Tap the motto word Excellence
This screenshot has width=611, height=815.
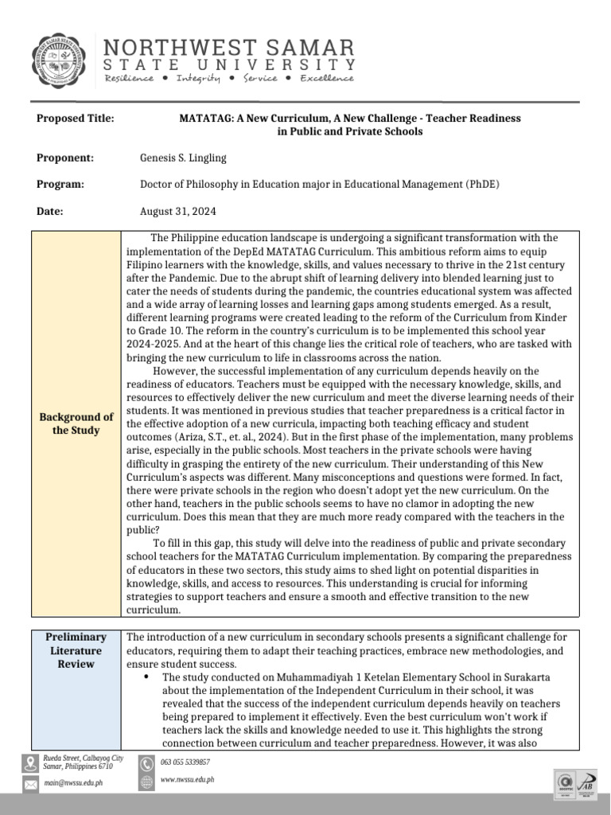click(327, 79)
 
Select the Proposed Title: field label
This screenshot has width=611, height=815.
click(76, 118)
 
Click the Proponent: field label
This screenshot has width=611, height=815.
click(65, 158)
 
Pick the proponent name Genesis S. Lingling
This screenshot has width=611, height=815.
click(183, 158)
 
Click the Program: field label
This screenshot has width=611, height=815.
click(60, 185)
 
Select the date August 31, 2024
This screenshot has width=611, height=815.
click(177, 212)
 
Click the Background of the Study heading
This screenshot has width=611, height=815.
click(76, 423)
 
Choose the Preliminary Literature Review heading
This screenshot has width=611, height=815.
click(76, 650)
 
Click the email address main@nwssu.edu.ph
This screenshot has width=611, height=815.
click(73, 783)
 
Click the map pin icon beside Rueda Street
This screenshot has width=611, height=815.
click(30, 762)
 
